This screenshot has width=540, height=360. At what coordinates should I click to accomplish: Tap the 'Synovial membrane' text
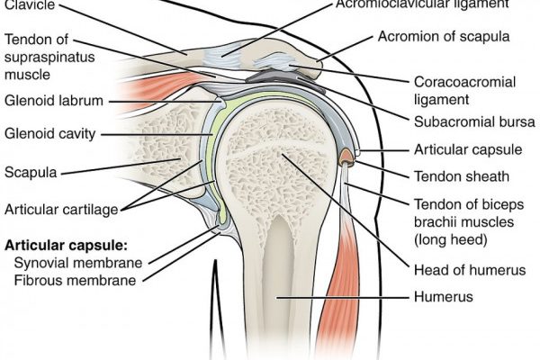pos(77,263)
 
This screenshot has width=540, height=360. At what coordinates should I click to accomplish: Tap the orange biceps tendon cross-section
pos(346,159)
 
